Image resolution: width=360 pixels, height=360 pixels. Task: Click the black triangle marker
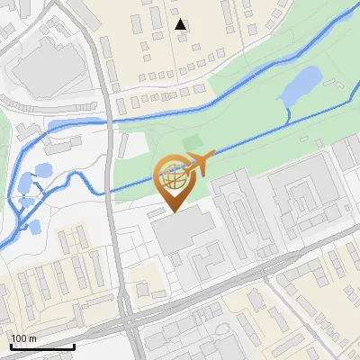(182, 24)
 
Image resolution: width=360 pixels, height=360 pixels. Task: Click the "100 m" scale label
(23, 338)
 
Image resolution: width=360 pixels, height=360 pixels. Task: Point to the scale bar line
(42, 346)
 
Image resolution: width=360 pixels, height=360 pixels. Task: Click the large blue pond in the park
(300, 85)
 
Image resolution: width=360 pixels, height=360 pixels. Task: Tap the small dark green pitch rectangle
(191, 142)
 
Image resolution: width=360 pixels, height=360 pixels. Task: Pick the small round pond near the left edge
(41, 169)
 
